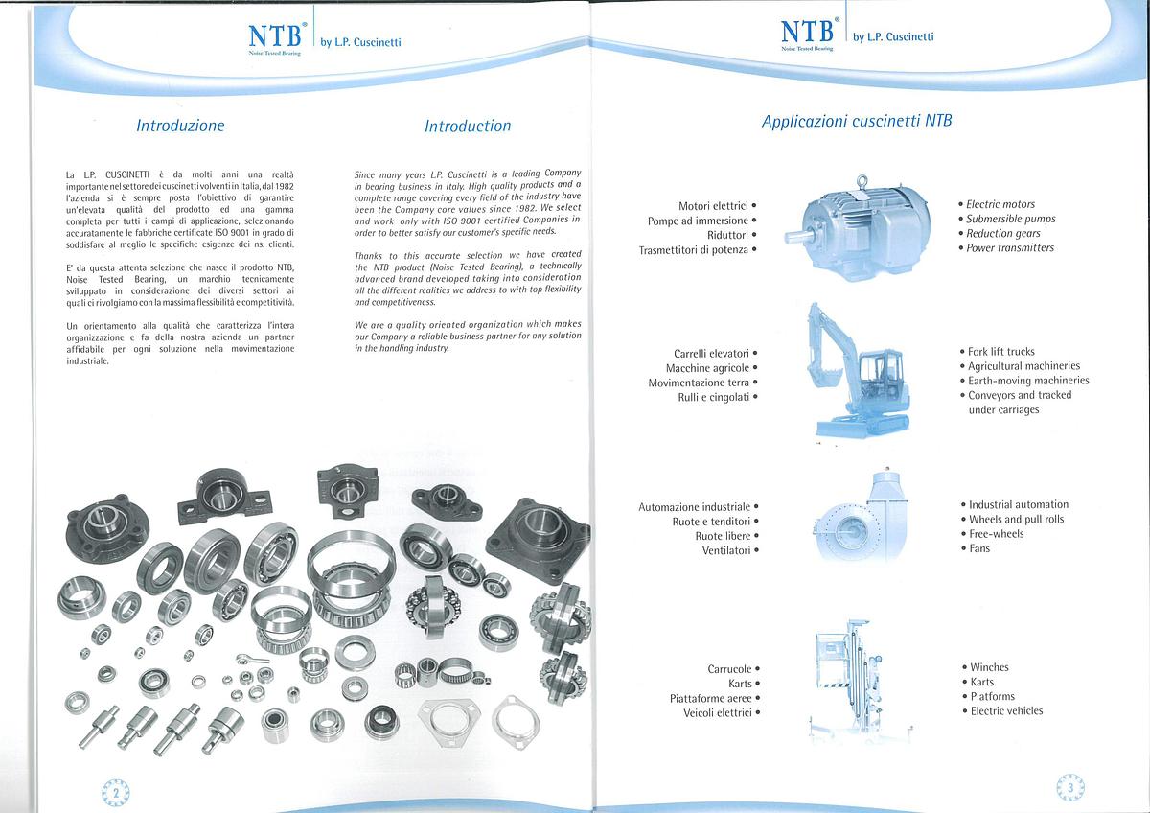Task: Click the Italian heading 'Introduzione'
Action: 180,126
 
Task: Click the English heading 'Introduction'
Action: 468,126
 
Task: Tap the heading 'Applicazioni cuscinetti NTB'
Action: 857,122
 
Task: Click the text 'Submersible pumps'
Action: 1010,219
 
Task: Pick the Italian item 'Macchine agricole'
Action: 707,368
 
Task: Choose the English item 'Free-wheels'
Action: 996,534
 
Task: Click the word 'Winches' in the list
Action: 989,667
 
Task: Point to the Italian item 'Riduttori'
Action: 727,235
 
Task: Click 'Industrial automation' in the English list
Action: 1018,504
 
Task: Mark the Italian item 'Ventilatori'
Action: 725,551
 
